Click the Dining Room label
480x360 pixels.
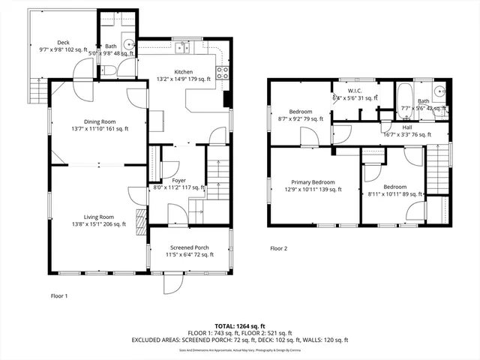point(100,124)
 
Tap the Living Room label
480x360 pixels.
point(99,219)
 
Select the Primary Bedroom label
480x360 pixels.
point(313,185)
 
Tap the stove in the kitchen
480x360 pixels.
point(222,73)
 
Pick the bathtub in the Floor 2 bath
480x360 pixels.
point(403,97)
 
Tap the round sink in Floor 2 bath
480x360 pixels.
point(440,94)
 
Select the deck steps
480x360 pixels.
point(31,91)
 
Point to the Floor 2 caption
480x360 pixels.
point(278,248)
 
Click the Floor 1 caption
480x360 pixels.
point(58,295)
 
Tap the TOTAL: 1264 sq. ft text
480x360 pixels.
point(239,325)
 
